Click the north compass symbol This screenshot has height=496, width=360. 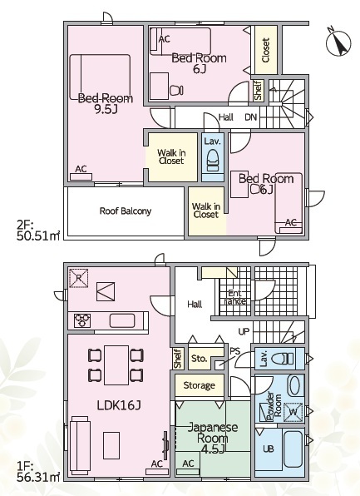tap(338, 42)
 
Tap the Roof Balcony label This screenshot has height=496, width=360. tap(126, 211)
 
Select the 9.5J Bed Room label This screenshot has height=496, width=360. tap(106, 103)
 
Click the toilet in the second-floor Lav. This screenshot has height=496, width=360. tap(214, 161)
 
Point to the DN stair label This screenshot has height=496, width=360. tap(251, 117)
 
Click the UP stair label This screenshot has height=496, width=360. tap(244, 331)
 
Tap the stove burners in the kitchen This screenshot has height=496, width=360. tap(82, 320)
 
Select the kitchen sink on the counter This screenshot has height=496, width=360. tap(122, 320)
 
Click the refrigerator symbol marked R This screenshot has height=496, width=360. tap(78, 278)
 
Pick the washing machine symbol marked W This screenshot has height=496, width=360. tap(293, 412)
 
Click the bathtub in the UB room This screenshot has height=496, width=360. tap(293, 449)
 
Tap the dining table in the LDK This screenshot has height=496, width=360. tap(116, 365)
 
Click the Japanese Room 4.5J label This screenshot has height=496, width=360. tap(213, 438)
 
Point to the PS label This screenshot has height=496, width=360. tap(234, 351)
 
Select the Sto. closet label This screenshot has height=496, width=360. tap(199, 359)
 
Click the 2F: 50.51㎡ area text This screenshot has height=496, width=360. tap(38, 231)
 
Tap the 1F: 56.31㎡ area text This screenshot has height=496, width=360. tap(38, 472)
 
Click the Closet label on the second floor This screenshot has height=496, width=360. tap(266, 50)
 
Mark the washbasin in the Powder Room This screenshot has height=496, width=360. tap(294, 385)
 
